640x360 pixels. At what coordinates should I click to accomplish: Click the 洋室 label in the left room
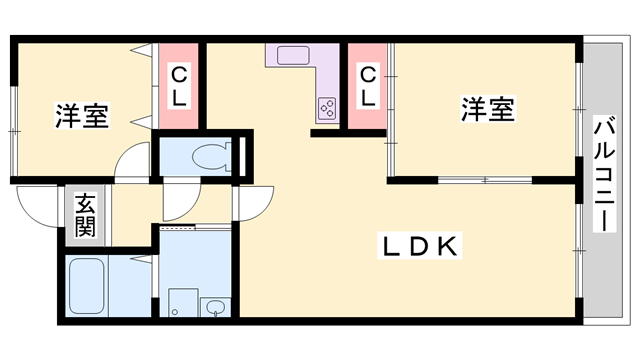(82, 115)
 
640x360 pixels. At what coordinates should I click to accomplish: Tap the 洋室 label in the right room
(488, 109)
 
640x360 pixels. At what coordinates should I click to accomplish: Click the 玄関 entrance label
(85, 214)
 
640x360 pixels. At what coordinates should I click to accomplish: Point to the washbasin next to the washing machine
(214, 306)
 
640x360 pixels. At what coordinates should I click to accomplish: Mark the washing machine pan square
(182, 303)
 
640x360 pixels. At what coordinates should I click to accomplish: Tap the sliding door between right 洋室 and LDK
(485, 180)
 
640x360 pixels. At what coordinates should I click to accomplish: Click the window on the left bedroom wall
(13, 110)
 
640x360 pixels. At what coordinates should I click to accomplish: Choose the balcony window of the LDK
(578, 245)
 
